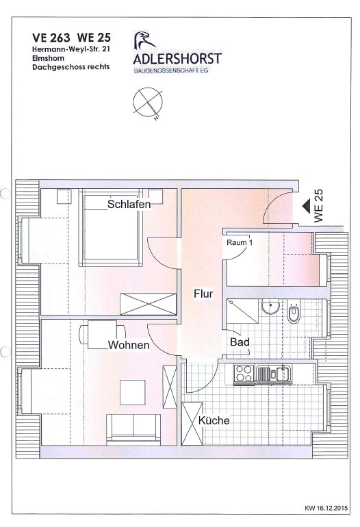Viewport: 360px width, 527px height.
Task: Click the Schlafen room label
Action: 129,204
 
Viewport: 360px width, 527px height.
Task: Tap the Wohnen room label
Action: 129,345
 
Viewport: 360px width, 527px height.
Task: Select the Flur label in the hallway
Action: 203,294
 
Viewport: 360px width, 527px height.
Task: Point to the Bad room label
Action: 240,342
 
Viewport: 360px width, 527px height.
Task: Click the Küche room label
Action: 214,420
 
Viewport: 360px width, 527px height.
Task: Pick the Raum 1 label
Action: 240,242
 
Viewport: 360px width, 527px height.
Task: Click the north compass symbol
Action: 148,103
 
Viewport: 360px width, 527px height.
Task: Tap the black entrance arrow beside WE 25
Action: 306,206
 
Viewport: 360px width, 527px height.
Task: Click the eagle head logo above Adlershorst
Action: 143,40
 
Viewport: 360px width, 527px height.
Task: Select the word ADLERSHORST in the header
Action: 177,58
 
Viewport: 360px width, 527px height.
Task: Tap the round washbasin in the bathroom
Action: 270,307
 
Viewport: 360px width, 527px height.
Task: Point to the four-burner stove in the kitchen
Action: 244,373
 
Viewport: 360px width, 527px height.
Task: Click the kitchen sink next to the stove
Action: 274,374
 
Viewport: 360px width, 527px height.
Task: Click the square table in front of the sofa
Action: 133,392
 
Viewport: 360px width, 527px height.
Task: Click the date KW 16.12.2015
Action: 326,508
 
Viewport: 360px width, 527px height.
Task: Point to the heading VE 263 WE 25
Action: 71,38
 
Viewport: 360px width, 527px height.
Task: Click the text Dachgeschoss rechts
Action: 71,66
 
